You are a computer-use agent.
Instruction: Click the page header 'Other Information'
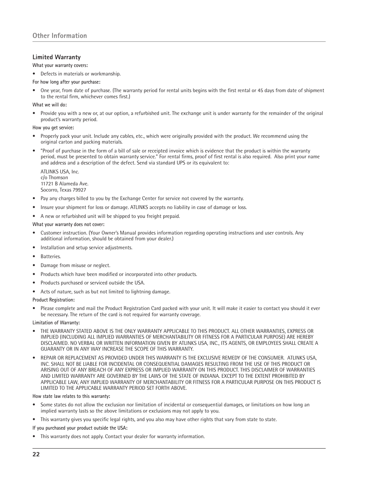(60, 36)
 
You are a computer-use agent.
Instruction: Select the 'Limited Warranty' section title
(56, 57)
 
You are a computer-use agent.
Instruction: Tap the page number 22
(36, 454)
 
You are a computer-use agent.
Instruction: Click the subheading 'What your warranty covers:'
(60, 65)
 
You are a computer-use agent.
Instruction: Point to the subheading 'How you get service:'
(53, 128)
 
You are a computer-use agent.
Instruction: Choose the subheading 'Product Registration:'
(53, 300)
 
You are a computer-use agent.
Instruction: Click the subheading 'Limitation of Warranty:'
(56, 323)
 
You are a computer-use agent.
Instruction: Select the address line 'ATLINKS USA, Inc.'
(60, 171)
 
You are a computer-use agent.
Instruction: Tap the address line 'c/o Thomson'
(54, 178)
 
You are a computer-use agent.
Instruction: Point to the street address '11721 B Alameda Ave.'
(64, 184)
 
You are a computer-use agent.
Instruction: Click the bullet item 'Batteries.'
(51, 257)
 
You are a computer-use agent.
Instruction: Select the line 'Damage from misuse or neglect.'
(75, 266)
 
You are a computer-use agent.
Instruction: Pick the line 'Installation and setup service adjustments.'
(86, 248)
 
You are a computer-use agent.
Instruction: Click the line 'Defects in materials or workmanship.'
(80, 74)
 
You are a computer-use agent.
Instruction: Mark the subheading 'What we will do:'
(50, 105)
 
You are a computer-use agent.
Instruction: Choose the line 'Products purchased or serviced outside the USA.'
(92, 283)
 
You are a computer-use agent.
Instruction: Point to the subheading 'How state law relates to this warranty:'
(71, 396)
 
